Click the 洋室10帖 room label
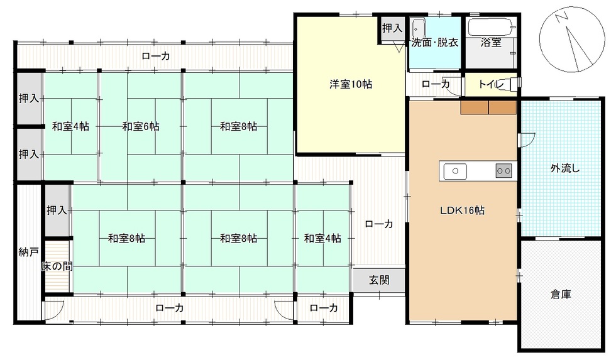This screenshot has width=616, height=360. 351,84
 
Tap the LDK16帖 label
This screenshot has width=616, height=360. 462,210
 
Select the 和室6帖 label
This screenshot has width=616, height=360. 141,126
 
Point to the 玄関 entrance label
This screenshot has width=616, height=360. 379,280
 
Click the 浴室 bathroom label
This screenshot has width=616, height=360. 491,42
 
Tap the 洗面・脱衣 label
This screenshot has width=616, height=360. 434,42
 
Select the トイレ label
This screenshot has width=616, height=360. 491,84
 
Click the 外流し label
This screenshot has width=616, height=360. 565,168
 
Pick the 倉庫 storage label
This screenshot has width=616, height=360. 561,294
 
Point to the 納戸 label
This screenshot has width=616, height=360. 29,252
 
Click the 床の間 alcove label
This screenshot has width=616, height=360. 57,266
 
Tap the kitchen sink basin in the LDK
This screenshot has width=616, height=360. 455,171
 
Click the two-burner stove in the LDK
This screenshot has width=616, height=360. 503,171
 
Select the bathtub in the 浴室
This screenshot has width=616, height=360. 491,27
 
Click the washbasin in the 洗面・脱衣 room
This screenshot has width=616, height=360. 418,29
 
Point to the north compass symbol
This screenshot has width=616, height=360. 572,39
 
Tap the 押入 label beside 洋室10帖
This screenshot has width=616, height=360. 392,28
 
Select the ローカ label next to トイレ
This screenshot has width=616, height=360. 435,84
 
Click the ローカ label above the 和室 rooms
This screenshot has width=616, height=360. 156,56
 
